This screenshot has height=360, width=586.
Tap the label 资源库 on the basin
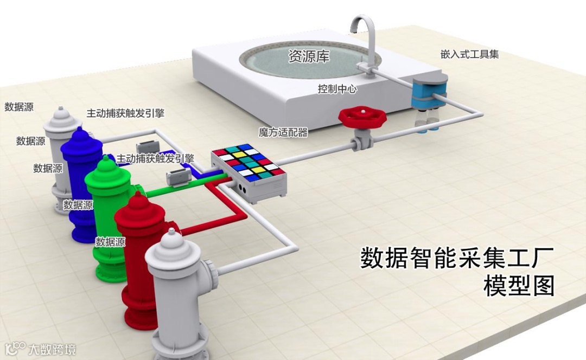(309, 56)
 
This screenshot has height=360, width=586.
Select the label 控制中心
(337, 89)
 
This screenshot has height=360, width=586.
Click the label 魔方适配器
(283, 132)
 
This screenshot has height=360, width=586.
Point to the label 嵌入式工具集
(469, 54)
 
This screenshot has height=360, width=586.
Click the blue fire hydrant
(82, 184)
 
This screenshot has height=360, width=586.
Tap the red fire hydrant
(142, 260)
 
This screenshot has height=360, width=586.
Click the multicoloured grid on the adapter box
(247, 161)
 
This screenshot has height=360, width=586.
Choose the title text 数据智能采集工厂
(457, 258)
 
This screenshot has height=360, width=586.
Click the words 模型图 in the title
(519, 286)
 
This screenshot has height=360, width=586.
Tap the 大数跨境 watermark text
(52, 349)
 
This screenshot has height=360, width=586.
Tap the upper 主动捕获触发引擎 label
(125, 113)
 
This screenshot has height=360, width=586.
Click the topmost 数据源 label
(19, 107)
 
